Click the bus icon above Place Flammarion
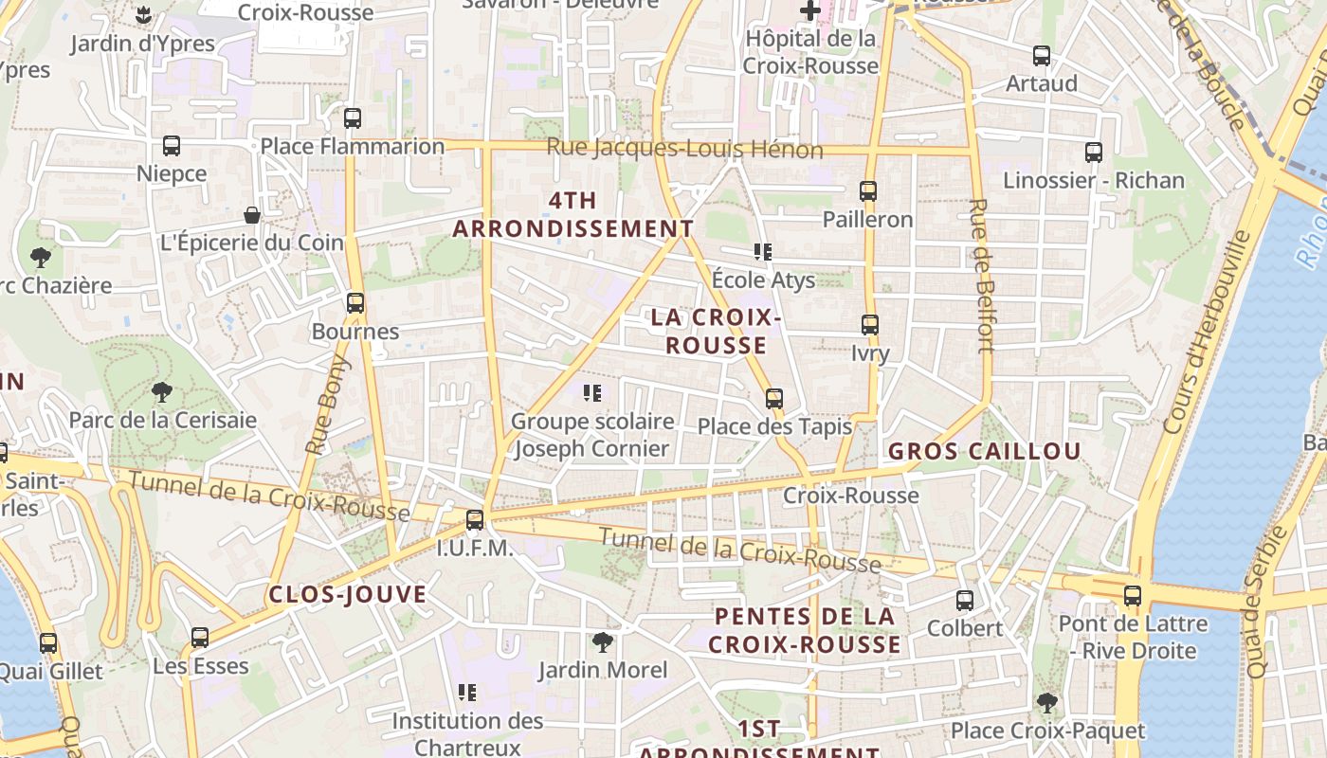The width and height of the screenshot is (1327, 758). tap(353, 118)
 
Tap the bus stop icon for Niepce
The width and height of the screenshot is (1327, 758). tap(172, 146)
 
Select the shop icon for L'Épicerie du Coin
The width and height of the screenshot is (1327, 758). tap(252, 215)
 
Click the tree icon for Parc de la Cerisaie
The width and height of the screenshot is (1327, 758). tap(162, 391)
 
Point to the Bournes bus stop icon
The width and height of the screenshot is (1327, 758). tap(355, 303)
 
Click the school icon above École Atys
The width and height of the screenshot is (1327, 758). tap(763, 252)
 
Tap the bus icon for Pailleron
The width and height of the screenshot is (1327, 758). tap(868, 191)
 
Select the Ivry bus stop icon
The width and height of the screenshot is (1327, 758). tap(870, 326)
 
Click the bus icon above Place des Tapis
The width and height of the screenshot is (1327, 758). tap(774, 399)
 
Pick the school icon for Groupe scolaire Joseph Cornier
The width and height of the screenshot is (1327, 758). tap(593, 393)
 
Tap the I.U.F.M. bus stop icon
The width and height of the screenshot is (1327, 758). tap(475, 520)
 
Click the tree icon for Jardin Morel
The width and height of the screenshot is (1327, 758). tap(602, 643)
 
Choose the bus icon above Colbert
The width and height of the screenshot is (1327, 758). tap(965, 601)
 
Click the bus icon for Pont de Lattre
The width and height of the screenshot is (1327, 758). tap(1133, 596)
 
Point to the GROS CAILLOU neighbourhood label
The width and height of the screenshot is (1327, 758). tap(984, 451)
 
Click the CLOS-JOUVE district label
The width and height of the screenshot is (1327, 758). tap(348, 595)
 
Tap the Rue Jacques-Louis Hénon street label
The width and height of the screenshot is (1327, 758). tap(684, 149)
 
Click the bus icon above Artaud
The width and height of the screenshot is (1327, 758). tap(1042, 56)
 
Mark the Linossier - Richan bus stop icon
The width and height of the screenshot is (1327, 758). tap(1094, 153)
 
